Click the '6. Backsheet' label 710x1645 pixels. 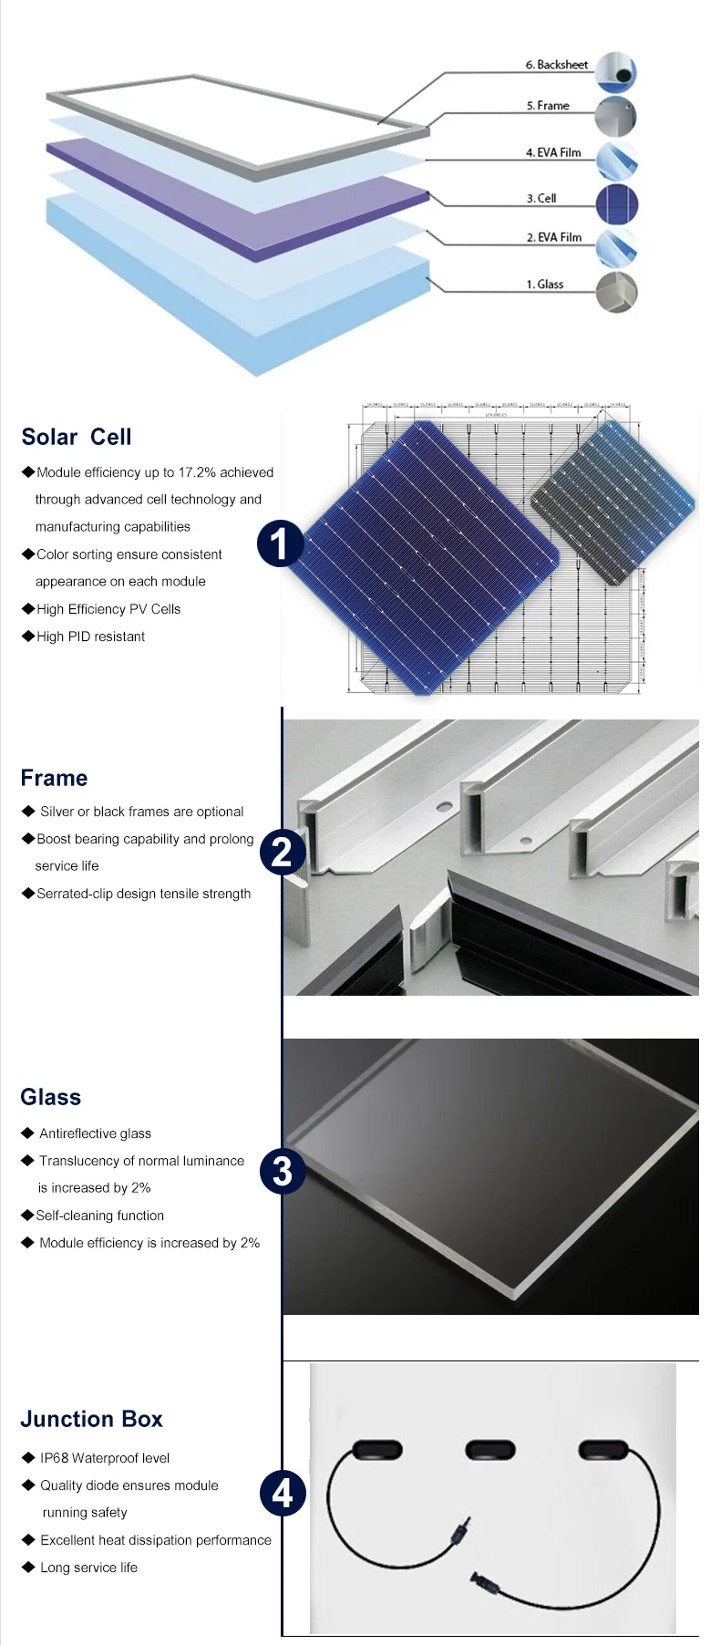(x=556, y=65)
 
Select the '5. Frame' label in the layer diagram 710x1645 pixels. (x=548, y=106)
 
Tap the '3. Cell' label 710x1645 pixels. (x=541, y=198)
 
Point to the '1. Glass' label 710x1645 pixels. (x=545, y=285)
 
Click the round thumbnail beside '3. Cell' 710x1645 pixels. (x=616, y=205)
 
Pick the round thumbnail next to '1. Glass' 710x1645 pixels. (x=616, y=293)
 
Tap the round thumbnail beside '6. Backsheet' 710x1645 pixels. (x=616, y=73)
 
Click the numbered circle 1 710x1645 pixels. (x=281, y=543)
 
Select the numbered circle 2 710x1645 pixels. (x=283, y=853)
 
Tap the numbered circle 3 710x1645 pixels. (x=283, y=1172)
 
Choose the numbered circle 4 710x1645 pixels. (x=283, y=1494)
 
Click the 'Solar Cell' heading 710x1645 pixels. (x=77, y=438)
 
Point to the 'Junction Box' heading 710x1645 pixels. (x=91, y=1420)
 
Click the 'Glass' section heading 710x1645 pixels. (x=51, y=1098)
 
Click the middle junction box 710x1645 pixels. (x=490, y=1449)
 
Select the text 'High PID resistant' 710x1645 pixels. (x=90, y=636)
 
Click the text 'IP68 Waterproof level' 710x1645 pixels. (x=105, y=1458)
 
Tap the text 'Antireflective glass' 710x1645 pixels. (x=95, y=1133)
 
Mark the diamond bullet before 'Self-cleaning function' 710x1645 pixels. (x=27, y=1216)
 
